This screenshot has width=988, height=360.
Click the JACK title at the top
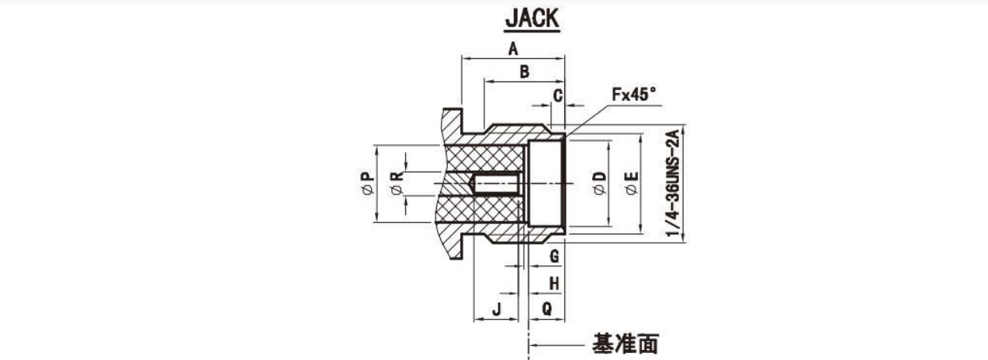532,19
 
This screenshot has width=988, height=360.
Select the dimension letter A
512,49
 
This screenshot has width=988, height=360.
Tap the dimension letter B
525,71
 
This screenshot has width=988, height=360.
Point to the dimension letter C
558,95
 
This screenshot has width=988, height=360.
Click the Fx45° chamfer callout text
634,95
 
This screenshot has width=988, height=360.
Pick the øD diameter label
600,183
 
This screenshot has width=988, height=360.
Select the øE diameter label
632,183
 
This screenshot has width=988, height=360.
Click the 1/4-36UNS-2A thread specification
673,183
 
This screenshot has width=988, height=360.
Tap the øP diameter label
367,183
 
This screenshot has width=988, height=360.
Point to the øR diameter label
397,183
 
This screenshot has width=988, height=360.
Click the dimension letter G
554,256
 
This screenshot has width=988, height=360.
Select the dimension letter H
554,282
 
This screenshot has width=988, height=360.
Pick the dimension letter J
497,310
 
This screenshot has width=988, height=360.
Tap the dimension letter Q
546,308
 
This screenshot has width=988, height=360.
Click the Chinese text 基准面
626,344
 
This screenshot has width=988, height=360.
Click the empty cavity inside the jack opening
546,184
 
